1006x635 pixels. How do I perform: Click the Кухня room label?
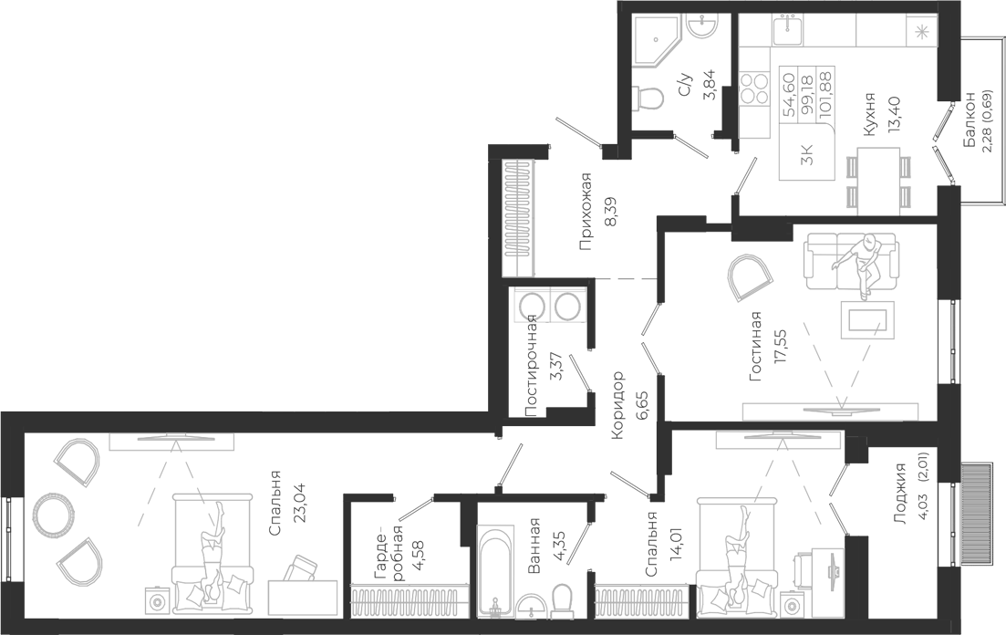869,115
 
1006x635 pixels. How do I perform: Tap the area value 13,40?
895,114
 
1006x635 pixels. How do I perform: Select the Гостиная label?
756,347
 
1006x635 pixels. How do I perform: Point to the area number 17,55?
781,347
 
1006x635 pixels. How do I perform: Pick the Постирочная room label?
531,366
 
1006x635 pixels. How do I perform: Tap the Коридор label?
617,405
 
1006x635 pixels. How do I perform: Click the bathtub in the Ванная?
495,571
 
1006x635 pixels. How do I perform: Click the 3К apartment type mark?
807,155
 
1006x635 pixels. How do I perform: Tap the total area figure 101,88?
826,92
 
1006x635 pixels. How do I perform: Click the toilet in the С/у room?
646,99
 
